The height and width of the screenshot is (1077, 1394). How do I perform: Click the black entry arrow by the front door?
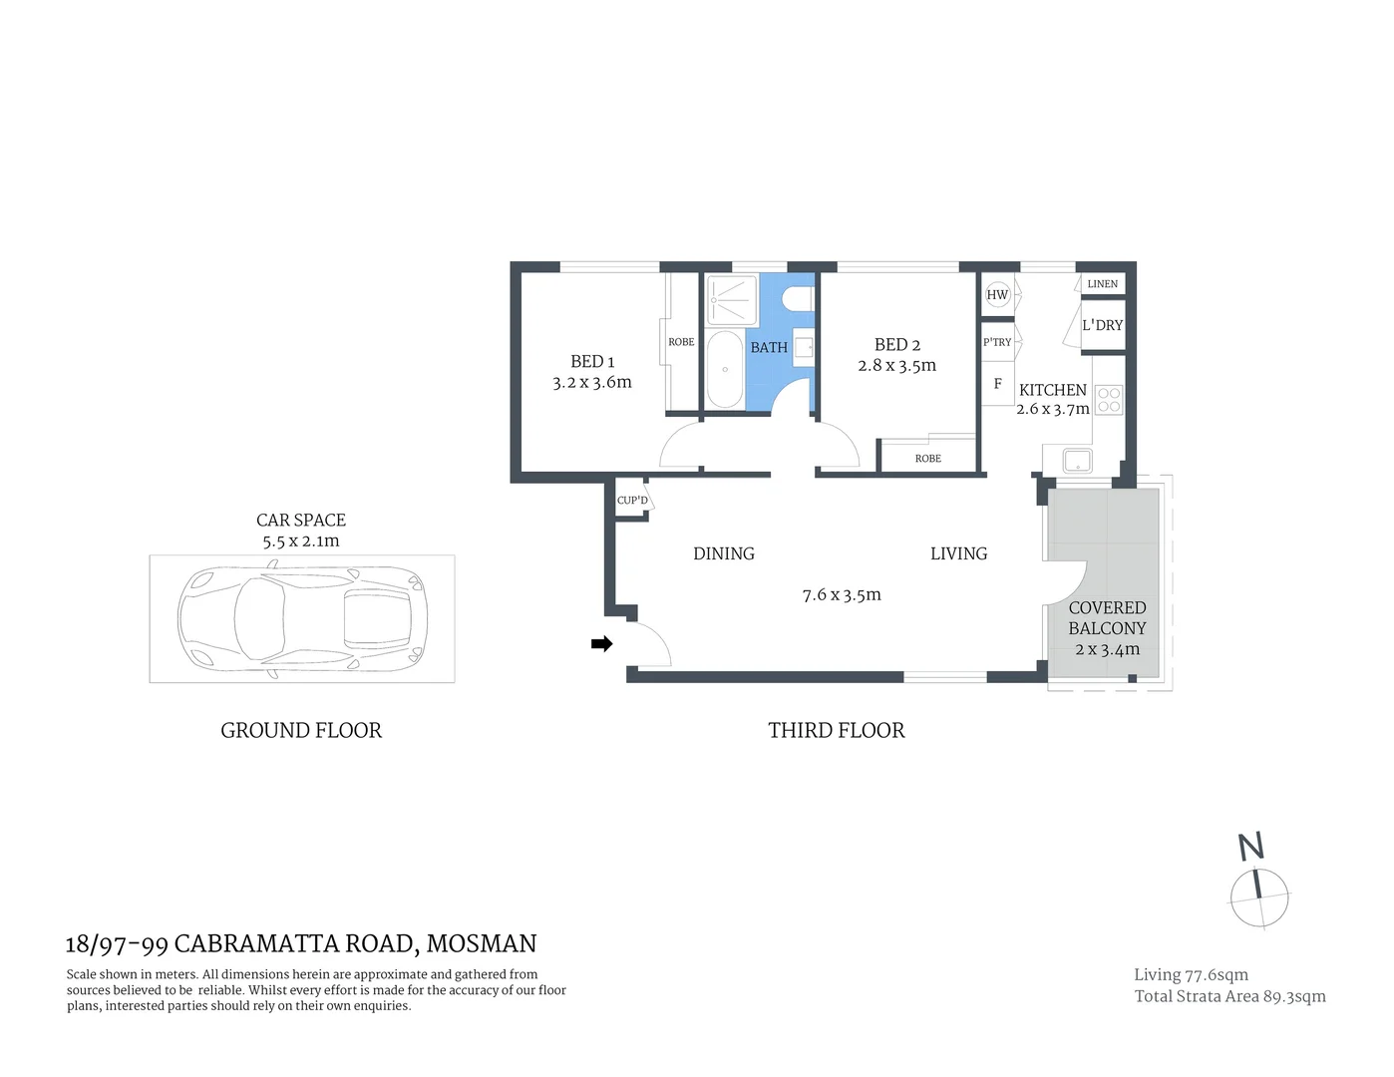[601, 644]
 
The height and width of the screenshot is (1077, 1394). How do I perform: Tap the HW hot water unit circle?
[997, 294]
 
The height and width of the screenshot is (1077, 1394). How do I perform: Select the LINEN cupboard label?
[1102, 284]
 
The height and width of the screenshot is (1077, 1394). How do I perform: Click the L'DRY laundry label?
[1102, 325]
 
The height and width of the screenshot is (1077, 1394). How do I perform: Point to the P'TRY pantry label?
[997, 342]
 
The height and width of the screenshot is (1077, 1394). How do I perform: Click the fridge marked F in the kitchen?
[997, 384]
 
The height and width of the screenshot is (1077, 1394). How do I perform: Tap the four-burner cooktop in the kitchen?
[1109, 400]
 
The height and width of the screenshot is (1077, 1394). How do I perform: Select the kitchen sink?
[1077, 461]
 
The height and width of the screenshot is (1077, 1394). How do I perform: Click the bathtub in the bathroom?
[725, 369]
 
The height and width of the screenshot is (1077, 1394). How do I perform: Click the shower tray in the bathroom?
[732, 300]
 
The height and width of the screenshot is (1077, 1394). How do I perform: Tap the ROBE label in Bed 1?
[681, 342]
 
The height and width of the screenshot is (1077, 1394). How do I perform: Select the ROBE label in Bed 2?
[927, 459]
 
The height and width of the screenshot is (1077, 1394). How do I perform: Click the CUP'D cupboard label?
[632, 501]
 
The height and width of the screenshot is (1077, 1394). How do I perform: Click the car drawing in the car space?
[301, 618]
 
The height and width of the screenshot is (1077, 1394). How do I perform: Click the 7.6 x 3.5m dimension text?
[842, 595]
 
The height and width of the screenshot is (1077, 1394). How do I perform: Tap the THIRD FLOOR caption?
[836, 731]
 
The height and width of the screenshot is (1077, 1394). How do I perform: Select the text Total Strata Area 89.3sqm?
[1229, 996]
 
